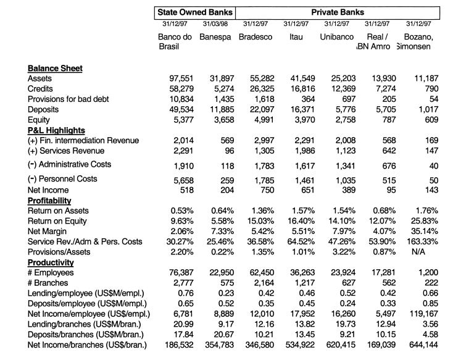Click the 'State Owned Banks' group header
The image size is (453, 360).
(194, 12)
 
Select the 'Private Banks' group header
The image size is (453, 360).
(337, 12)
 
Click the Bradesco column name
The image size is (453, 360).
(256, 37)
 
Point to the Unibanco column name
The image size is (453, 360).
(337, 37)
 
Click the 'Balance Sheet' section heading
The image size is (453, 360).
(55, 68)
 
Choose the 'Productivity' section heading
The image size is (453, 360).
(51, 262)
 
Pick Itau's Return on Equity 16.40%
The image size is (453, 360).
(297, 221)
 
